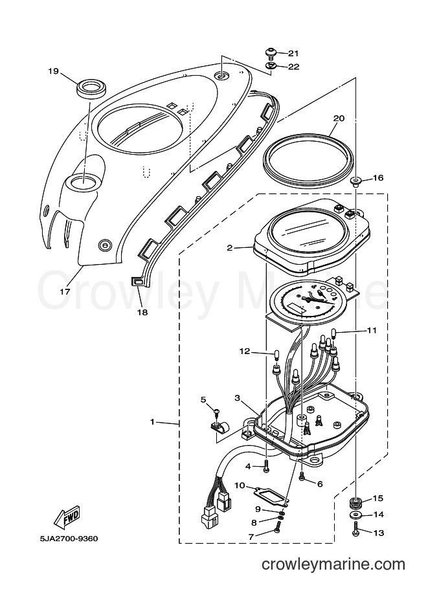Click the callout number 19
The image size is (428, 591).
[x=54, y=71]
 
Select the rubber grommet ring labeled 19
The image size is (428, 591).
[x=93, y=89]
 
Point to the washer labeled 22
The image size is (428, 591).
[x=271, y=66]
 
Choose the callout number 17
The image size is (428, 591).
[x=65, y=291]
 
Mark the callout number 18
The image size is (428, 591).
[x=142, y=312]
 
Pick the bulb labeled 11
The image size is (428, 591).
[x=334, y=333]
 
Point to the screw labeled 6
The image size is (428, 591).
[x=302, y=477]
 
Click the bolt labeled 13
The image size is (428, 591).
[x=355, y=528]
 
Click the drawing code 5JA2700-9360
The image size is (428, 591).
[x=69, y=538]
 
